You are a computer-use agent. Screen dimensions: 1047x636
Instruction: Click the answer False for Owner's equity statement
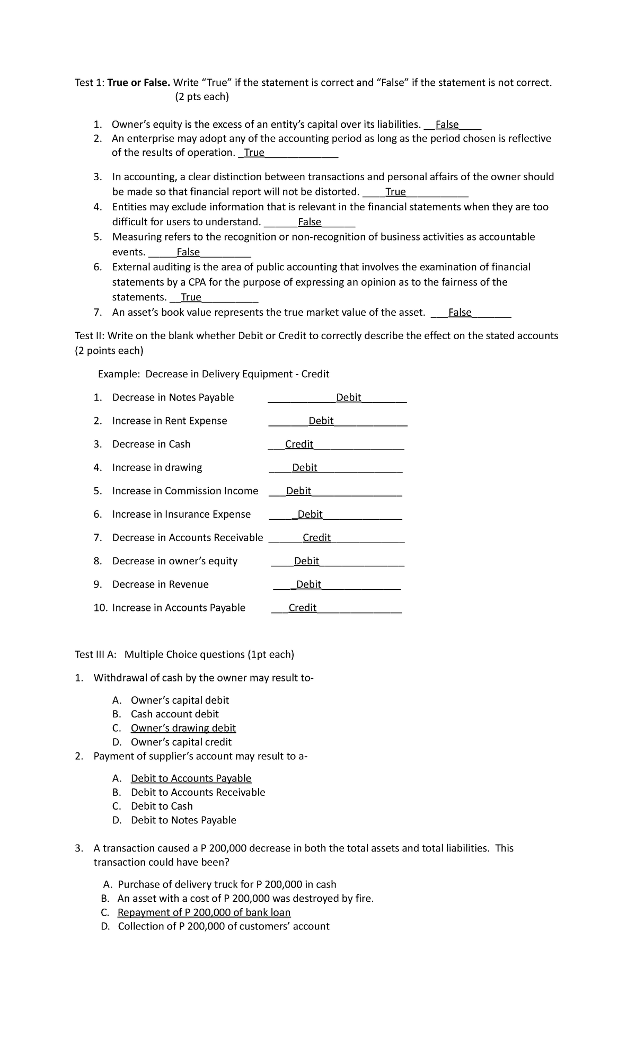coord(447,125)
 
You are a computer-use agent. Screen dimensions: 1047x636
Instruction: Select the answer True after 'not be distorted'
coord(395,192)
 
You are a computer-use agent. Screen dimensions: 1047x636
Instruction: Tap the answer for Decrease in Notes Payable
coord(349,397)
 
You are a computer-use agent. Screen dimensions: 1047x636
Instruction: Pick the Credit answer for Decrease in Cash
coord(299,444)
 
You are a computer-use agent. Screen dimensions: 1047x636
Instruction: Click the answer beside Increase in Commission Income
coord(298,491)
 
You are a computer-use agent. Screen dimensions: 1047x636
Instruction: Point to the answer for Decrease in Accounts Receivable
coord(316,537)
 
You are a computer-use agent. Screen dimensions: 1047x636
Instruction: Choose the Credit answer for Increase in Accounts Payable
coord(302,608)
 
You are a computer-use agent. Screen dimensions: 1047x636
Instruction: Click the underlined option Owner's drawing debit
coord(183,728)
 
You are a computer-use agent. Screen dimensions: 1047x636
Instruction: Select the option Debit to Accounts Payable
coord(191,778)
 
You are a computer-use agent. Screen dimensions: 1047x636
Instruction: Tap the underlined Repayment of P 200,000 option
coord(204,912)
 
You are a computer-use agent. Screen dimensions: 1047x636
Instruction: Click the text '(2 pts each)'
coord(201,97)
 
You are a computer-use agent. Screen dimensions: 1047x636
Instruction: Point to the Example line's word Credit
coord(315,374)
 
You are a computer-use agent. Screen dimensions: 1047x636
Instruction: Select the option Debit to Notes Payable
coord(183,820)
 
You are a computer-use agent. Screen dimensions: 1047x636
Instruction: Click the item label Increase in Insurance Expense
coord(181,514)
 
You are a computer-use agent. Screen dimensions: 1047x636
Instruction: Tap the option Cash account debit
coord(174,714)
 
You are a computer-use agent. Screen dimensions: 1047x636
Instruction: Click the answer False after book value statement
coord(460,313)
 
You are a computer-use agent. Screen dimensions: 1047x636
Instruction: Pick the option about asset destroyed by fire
coord(245,898)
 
